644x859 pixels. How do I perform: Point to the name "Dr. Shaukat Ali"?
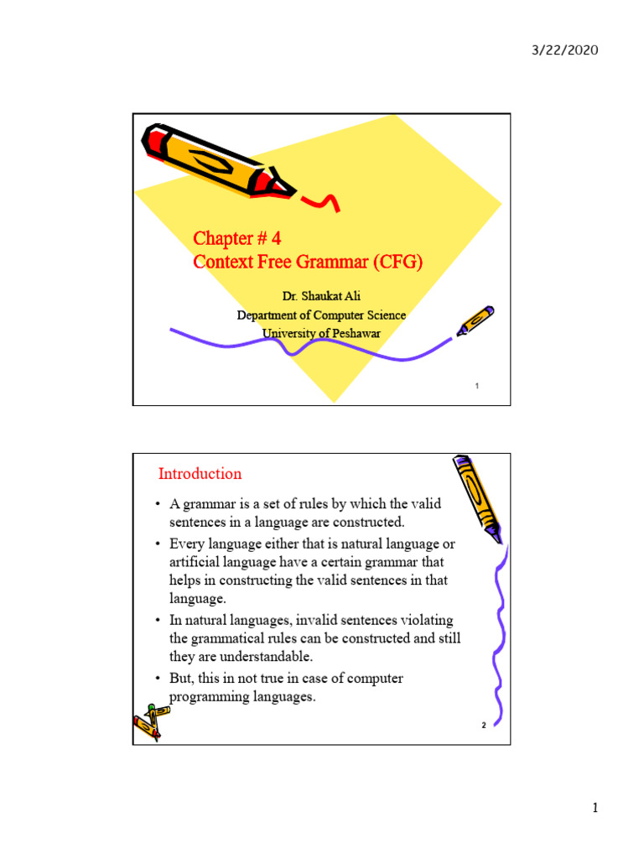[x=321, y=297]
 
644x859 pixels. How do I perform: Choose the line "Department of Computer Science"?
[x=321, y=315]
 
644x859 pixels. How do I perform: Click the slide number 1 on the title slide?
[x=476, y=386]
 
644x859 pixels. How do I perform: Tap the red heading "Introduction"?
[x=200, y=474]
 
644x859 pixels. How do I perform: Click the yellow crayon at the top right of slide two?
[x=478, y=496]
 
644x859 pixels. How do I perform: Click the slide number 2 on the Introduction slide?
[x=484, y=726]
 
